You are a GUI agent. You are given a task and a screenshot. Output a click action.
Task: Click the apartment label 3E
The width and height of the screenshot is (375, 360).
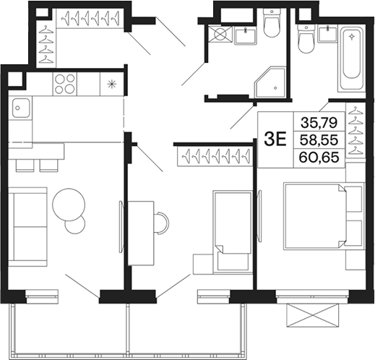coord(275,140)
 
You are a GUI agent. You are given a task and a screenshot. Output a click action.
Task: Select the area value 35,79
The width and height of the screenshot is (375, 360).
coord(319,122)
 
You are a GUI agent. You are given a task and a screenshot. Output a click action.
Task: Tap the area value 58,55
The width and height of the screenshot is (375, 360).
coord(319,140)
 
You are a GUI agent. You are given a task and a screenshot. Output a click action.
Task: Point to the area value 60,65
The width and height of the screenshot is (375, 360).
coord(319,157)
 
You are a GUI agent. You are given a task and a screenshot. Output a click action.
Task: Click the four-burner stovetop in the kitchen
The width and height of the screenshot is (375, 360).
coord(64,84)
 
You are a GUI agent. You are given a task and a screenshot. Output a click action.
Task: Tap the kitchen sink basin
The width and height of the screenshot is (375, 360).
coord(21,108)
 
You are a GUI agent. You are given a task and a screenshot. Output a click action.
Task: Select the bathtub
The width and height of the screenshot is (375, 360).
coord(352,59)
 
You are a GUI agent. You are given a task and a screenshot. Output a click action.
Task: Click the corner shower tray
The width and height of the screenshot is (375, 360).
coord(270,82)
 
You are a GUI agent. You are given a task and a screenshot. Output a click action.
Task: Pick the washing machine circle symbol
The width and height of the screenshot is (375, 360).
coord(220,34)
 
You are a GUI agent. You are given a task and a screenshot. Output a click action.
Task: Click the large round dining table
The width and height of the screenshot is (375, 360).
coord(69,205)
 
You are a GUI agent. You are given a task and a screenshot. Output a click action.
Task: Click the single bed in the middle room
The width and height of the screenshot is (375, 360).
coord(233,232)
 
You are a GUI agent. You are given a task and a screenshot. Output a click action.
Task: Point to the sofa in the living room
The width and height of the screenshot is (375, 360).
coord(27,227)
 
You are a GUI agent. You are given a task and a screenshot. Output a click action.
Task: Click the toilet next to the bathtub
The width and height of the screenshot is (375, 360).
coord(306,39)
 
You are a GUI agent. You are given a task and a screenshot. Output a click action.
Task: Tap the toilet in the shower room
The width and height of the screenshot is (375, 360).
coord(272,23)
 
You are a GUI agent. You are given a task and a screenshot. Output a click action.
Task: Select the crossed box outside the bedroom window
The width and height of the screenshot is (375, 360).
coord(312,315)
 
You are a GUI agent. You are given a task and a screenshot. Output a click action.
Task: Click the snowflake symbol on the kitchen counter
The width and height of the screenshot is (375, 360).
coord(111,84)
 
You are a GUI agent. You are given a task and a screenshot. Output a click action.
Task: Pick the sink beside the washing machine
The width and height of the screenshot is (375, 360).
coord(246,35)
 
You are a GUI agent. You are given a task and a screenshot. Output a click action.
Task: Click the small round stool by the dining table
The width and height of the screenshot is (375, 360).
coord(75,224)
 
